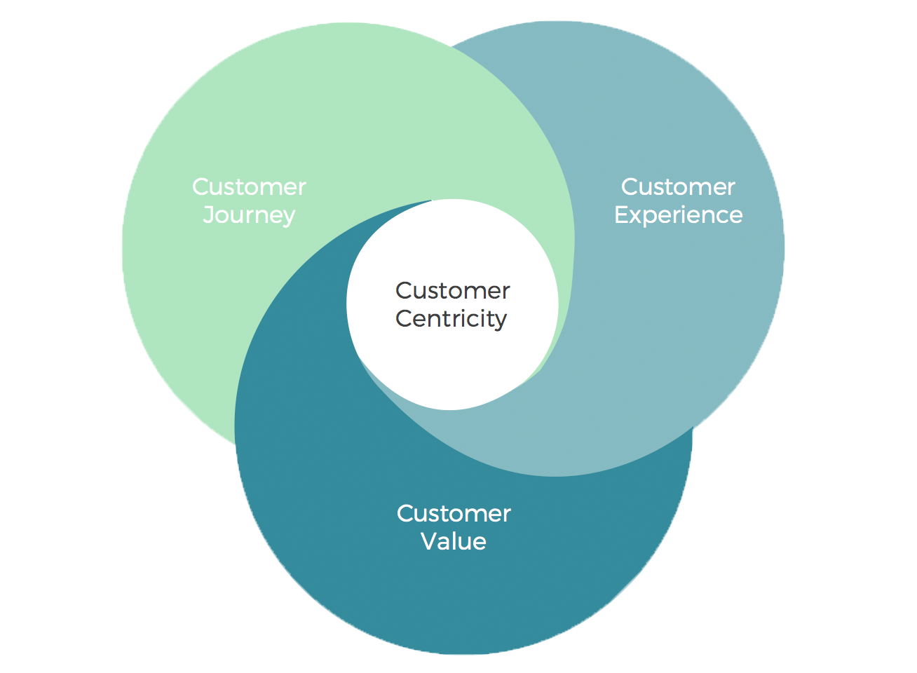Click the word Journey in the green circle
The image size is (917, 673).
coord(249,215)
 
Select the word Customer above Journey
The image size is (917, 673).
coord(249,187)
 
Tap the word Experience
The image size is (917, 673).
coord(678,215)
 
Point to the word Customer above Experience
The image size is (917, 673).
coord(678,187)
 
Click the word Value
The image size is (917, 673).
coord(454,541)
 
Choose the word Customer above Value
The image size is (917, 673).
coord(454,513)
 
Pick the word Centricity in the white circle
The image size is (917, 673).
coord(451,319)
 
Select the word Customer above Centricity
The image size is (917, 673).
coord(452,290)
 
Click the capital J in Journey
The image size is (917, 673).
coord(208,215)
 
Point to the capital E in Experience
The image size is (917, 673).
coord(621,215)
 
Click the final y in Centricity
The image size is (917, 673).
coord(500,322)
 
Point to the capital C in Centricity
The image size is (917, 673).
coord(403,318)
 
